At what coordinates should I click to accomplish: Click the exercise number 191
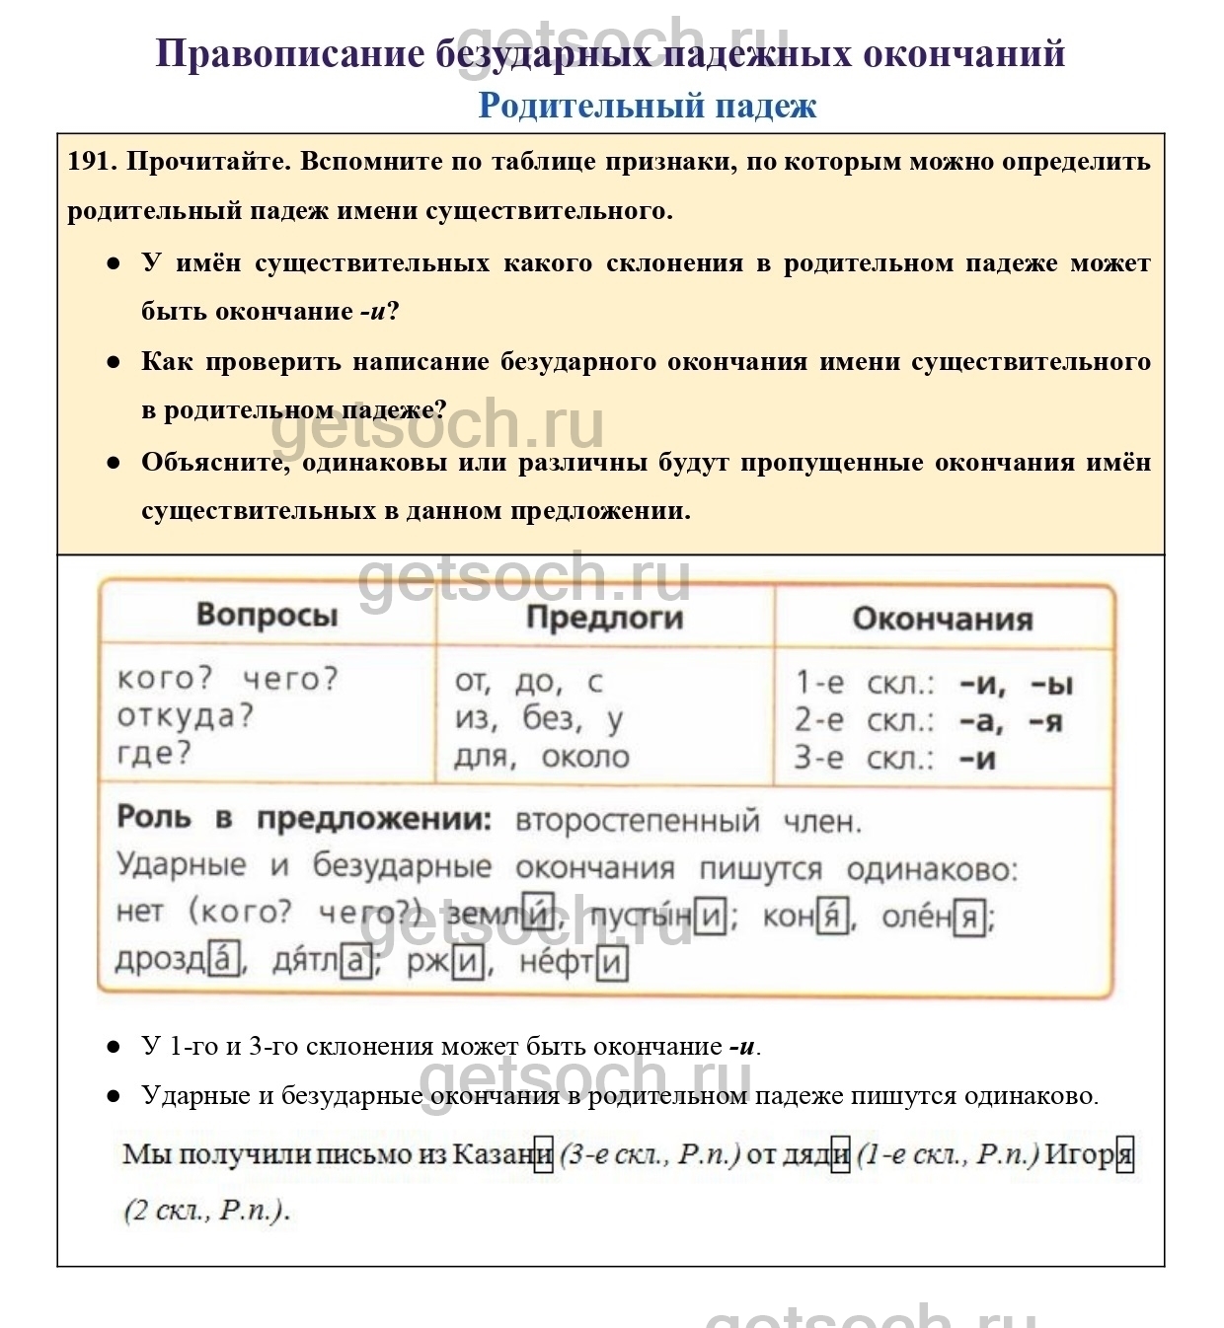[x=91, y=162]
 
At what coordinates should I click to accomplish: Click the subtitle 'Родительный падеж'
[x=647, y=106]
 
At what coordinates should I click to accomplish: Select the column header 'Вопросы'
[x=267, y=615]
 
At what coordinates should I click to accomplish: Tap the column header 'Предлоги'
[x=604, y=618]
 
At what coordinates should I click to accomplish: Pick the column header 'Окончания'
[x=942, y=620]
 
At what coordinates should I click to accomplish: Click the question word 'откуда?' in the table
[x=186, y=716]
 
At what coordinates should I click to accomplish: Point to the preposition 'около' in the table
[x=585, y=757]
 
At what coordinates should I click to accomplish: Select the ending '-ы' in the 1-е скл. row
[x=1051, y=684]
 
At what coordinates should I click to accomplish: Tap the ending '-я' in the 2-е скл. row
[x=1046, y=721]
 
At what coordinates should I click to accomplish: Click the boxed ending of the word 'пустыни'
[x=710, y=918]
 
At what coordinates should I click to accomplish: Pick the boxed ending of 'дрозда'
[x=224, y=960]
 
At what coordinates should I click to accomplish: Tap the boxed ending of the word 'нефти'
[x=613, y=962]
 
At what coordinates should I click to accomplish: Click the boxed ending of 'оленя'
[x=969, y=919]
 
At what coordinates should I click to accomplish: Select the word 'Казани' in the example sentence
[x=501, y=1153]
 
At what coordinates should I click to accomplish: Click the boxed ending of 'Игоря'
[x=1124, y=1153]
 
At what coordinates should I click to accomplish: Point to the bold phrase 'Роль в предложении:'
[x=304, y=819]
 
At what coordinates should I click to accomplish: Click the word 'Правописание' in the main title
[x=289, y=53]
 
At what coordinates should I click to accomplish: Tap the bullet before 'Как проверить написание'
[x=114, y=362]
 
